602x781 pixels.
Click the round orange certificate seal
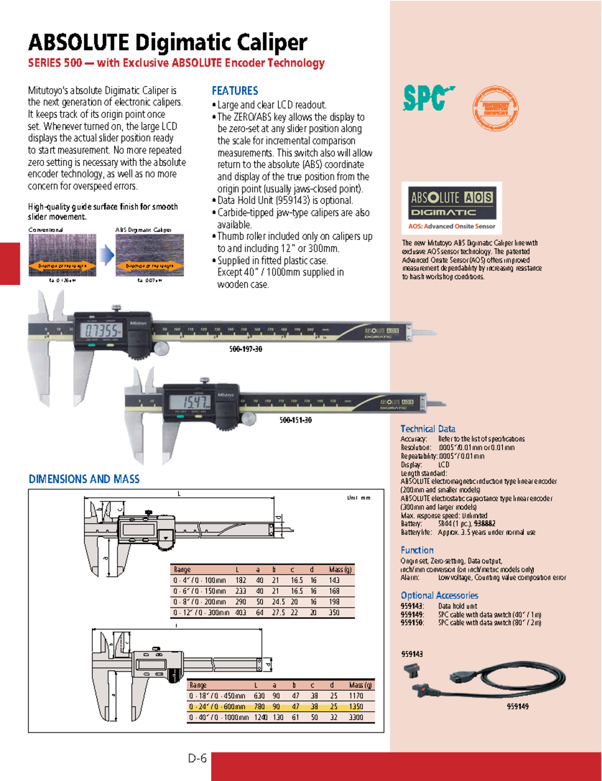[495, 108]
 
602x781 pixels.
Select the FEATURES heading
[235, 91]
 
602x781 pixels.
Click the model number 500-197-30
[245, 349]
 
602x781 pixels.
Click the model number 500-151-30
[295, 420]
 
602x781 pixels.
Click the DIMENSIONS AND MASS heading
[84, 479]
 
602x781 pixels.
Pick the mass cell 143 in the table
[334, 580]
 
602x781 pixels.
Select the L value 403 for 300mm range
[241, 613]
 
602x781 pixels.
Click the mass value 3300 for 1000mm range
[356, 717]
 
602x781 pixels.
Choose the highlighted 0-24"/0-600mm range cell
[217, 707]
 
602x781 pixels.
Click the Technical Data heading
[427, 429]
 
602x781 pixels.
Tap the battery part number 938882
[485, 524]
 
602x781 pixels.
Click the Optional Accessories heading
[439, 596]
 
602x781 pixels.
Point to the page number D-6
[197, 758]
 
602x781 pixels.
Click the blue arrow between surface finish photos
[106, 255]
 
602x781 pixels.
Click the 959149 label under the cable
[517, 706]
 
